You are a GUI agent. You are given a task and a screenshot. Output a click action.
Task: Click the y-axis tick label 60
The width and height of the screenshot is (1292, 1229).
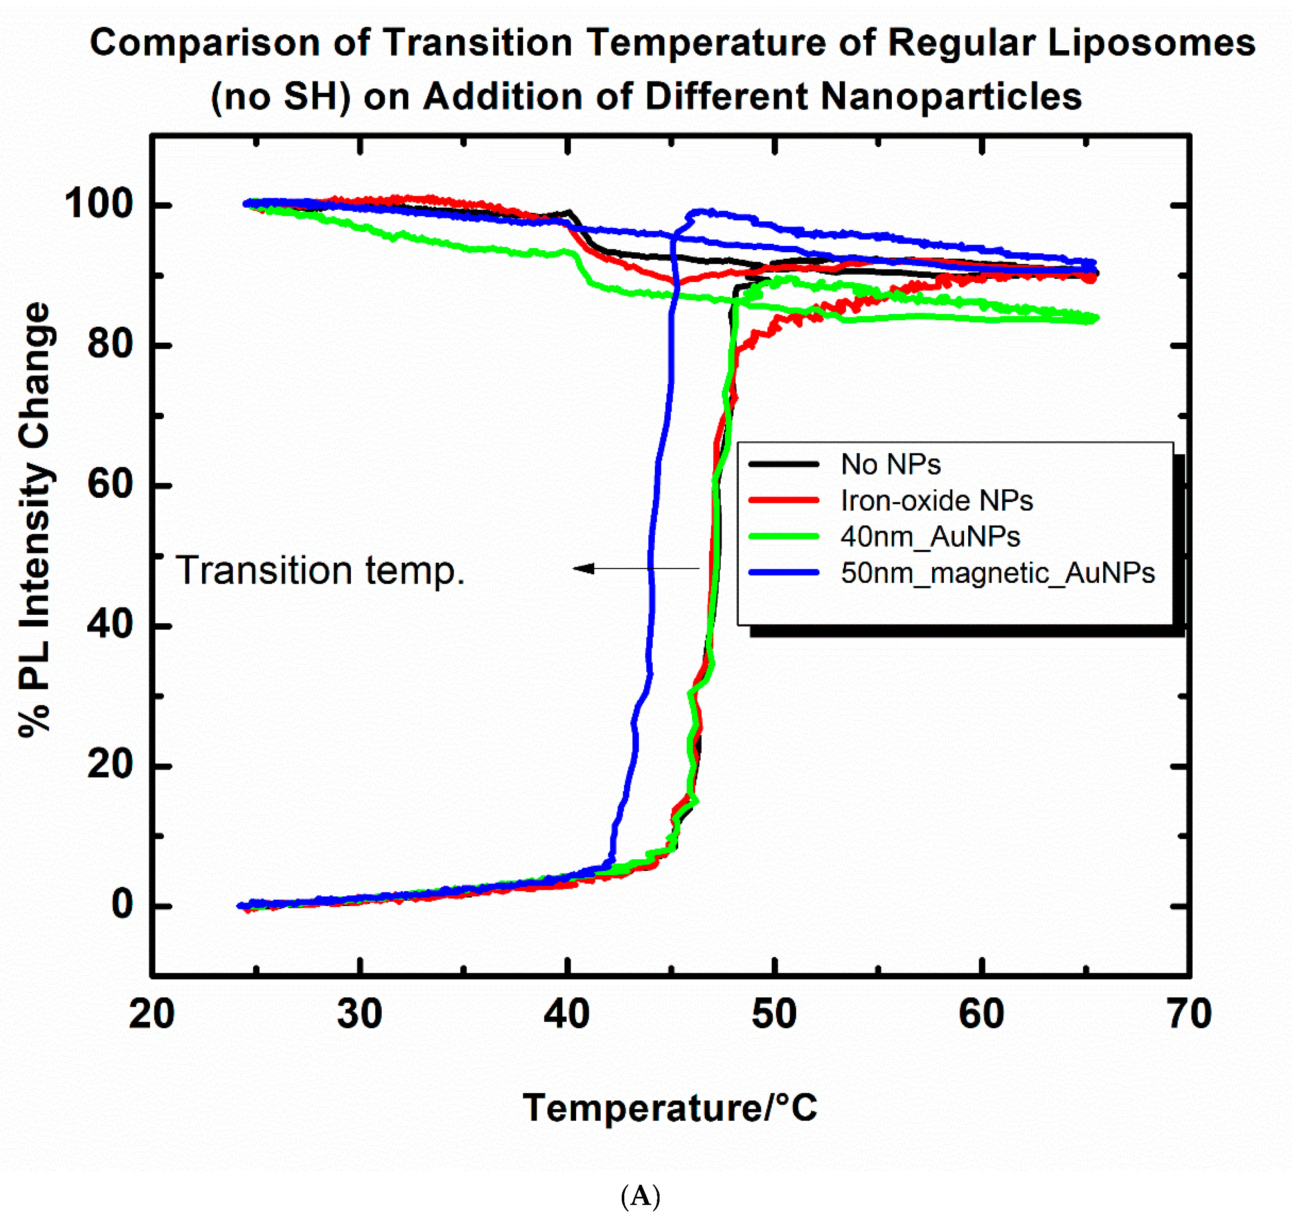click(x=110, y=485)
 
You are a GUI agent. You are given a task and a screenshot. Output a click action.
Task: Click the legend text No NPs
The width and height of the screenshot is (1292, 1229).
click(x=890, y=465)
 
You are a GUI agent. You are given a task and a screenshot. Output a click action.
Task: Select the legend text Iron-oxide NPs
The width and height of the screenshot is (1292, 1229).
click(x=936, y=500)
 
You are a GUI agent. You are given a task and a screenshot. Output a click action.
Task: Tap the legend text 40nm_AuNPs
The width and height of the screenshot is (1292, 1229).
click(x=930, y=536)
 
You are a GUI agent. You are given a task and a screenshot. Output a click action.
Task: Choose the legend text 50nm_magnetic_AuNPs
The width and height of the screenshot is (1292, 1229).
click(x=997, y=573)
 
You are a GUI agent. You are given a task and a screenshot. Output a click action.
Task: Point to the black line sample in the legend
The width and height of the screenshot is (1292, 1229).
click(x=784, y=464)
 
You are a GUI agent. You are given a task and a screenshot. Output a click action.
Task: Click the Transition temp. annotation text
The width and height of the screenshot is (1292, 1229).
click(x=320, y=570)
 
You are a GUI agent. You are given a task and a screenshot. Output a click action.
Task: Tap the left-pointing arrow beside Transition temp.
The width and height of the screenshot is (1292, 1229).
click(x=635, y=569)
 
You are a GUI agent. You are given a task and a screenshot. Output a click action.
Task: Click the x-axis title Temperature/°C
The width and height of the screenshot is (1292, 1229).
click(x=669, y=1108)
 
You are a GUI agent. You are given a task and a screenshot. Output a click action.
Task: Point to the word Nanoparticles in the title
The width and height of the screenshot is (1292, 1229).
click(x=951, y=97)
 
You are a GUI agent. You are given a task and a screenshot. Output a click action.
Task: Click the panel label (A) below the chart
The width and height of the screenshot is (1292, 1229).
click(x=640, y=1196)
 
